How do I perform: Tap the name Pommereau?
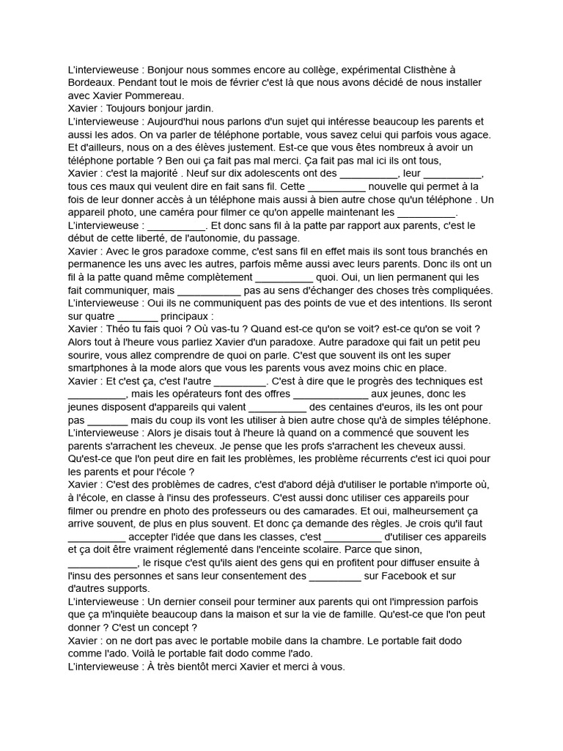pyautogui.click(x=157, y=95)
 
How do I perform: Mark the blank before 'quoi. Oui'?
pyautogui.click(x=283, y=278)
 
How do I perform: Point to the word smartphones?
pyautogui.click(x=104, y=368)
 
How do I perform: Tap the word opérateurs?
pyautogui.click(x=197, y=394)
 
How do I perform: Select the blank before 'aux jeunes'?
pyautogui.click(x=336, y=394)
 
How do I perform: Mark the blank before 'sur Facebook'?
pyautogui.click(x=335, y=576)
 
